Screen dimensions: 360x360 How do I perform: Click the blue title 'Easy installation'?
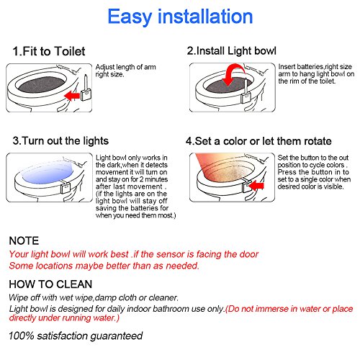point(180,17)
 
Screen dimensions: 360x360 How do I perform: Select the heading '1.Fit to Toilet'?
point(49,51)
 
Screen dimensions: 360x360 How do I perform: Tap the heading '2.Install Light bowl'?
point(232,51)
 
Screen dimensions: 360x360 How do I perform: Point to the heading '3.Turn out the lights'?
point(60,141)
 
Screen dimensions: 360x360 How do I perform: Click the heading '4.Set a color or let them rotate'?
point(258,141)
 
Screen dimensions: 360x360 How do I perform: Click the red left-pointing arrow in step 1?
point(72,96)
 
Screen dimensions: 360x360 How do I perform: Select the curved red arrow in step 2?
point(233,74)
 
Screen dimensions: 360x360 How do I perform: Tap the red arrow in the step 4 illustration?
point(256,186)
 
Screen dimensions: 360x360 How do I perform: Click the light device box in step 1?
point(86,94)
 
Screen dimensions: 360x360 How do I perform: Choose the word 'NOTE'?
point(24,240)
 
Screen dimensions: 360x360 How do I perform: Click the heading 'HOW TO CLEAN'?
point(50,284)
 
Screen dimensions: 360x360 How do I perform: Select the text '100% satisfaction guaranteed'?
point(76,336)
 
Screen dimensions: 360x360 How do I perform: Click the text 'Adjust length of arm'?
point(125,67)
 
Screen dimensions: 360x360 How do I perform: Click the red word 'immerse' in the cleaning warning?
point(271,309)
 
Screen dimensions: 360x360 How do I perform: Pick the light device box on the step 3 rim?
point(65,188)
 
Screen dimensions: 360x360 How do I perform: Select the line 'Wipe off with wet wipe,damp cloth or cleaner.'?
point(94,298)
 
